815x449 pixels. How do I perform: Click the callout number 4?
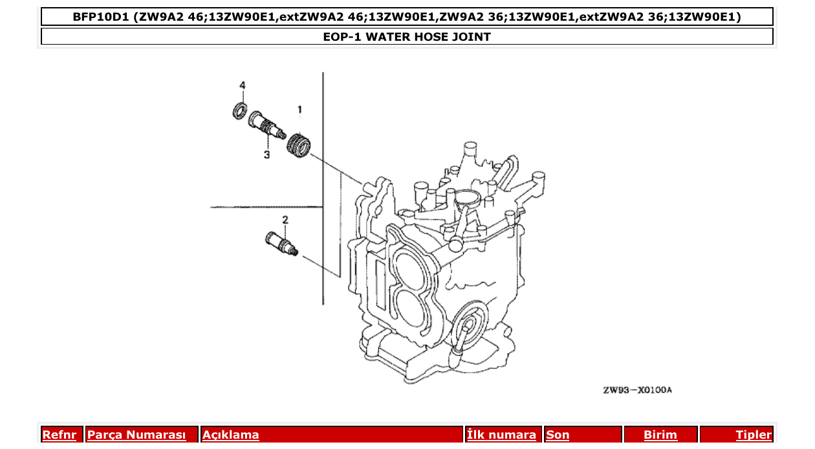click(243, 85)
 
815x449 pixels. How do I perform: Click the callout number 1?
click(299, 109)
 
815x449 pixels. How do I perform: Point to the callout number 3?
click(266, 155)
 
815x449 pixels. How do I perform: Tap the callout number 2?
click(284, 219)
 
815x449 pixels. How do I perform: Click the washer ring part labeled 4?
click(240, 111)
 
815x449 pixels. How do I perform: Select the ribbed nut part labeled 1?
click(299, 143)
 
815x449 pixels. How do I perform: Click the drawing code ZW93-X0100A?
click(637, 390)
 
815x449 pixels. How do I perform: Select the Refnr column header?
click(59, 435)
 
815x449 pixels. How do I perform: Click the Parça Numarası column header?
click(136, 435)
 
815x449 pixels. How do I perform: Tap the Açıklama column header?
click(231, 435)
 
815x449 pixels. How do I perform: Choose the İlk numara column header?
click(501, 435)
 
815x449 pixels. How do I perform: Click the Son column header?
click(558, 435)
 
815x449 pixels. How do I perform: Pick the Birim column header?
click(660, 435)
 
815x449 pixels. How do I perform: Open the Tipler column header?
click(753, 435)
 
